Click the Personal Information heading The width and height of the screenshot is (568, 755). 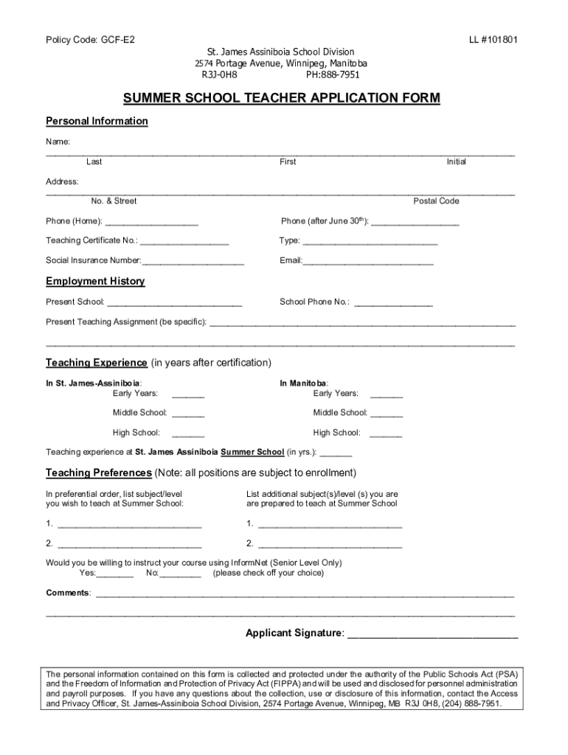(97, 121)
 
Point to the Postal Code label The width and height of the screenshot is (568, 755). (436, 201)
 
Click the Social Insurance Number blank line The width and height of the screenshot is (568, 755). (193, 262)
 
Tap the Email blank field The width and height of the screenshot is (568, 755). (368, 262)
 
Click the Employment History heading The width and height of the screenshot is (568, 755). (95, 282)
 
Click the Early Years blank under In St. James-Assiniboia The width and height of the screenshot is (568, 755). (188, 395)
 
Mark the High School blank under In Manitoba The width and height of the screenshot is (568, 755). (386, 435)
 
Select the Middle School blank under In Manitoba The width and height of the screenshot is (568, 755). (387, 414)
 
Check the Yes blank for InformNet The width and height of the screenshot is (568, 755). (115, 574)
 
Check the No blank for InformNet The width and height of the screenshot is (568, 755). (181, 574)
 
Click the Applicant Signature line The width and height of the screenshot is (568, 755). (432, 635)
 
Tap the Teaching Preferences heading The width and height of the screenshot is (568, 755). (99, 473)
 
